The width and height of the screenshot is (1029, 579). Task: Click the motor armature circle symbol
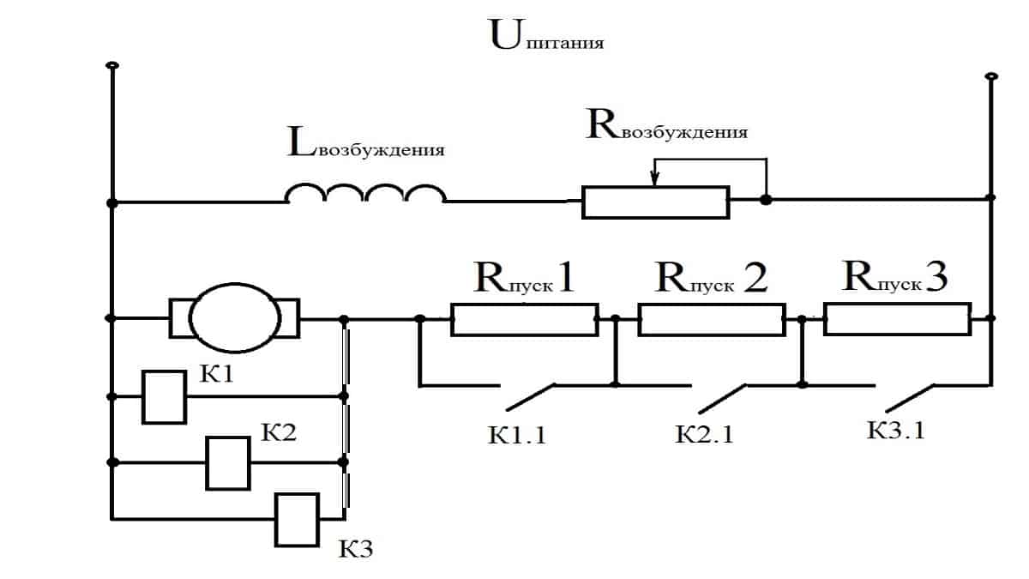coord(235,318)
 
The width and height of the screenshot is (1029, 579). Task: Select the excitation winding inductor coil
coord(365,195)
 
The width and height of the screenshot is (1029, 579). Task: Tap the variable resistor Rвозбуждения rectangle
coord(655,202)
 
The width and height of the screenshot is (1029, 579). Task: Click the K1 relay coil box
coord(164,397)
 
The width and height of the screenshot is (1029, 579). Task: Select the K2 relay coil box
coord(228,462)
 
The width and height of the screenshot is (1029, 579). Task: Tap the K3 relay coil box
coord(297,519)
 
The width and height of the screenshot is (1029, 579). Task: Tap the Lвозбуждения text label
coord(366,146)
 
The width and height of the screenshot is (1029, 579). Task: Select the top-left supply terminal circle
coord(111,66)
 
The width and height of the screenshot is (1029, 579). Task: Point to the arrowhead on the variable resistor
coord(655,179)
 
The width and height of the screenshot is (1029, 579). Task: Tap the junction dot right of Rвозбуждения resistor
coord(766,200)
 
